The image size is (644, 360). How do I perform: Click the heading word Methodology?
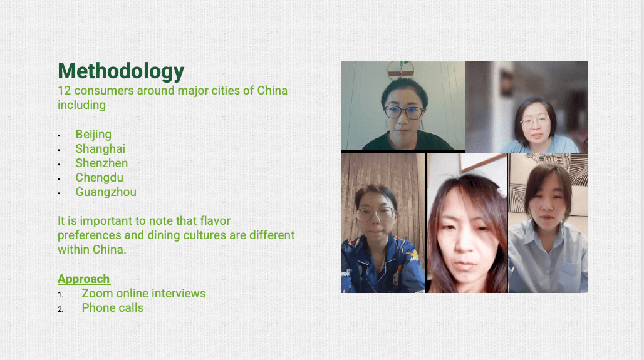121,71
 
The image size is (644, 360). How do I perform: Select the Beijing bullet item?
93,135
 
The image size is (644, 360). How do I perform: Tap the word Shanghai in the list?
100,148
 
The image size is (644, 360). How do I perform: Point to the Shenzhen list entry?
101,163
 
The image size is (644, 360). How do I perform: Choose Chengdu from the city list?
100,177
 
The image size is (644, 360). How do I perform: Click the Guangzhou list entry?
106,192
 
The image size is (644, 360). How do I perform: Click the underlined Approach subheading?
84,279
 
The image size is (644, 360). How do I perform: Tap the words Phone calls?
113,307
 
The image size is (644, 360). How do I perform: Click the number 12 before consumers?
64,90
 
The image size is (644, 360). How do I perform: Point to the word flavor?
215,221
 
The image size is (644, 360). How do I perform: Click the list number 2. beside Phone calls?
60,309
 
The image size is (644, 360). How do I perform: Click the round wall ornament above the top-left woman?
400,69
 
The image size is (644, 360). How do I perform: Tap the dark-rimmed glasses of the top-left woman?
403,112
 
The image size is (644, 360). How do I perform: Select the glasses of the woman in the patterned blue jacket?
375,214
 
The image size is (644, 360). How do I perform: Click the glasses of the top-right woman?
535,121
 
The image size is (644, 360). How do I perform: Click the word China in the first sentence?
273,90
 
